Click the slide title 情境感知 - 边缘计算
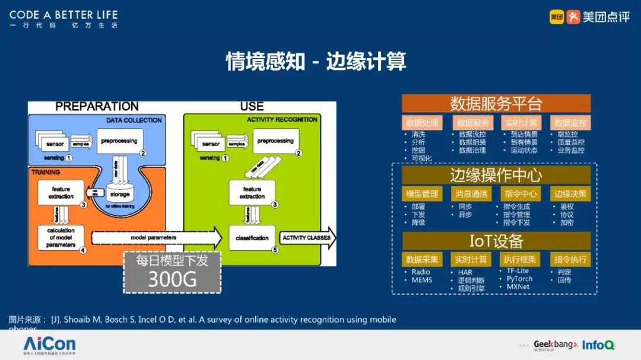click(x=316, y=62)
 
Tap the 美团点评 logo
click(x=589, y=17)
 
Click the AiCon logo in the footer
click(x=49, y=344)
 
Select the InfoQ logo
click(x=598, y=345)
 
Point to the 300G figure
click(x=172, y=278)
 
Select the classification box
click(x=252, y=238)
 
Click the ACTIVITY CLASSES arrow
click(x=307, y=238)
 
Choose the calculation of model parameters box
click(x=61, y=237)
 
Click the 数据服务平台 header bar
click(x=496, y=104)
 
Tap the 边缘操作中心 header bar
click(x=496, y=175)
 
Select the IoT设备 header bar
click(x=496, y=241)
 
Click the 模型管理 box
click(x=422, y=193)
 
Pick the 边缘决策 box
click(x=570, y=193)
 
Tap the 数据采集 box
click(x=422, y=259)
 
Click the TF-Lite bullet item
click(x=517, y=271)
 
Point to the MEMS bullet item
click(x=422, y=280)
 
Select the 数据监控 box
click(x=570, y=123)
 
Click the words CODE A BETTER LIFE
click(x=64, y=14)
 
